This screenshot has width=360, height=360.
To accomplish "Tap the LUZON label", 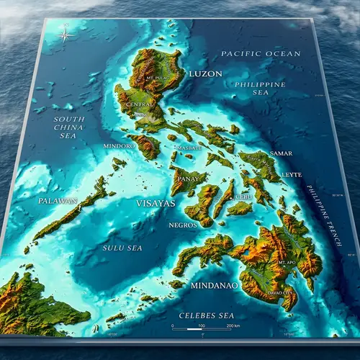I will tap(205, 73).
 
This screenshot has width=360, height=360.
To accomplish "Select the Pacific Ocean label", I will tap(251, 54).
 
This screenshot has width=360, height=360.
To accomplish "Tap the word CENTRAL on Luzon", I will tap(139, 105).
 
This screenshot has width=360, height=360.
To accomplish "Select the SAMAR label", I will tap(281, 153).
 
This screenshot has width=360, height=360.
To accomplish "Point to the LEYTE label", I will tap(292, 175).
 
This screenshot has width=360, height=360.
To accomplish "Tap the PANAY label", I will tap(188, 178).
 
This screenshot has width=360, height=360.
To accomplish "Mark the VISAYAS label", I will tap(156, 204).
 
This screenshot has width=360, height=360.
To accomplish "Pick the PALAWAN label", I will tap(58, 201).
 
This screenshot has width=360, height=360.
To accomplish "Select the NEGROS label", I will tap(182, 225).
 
